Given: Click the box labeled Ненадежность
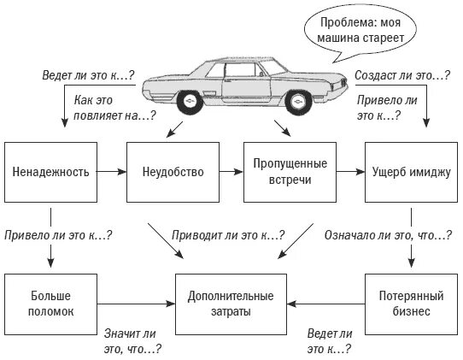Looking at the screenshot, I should tap(50, 172).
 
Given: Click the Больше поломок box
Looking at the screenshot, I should tap(50, 304).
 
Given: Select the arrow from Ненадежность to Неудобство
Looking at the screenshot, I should tap(111, 172).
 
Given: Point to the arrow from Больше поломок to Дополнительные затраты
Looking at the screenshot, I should tap(137, 304).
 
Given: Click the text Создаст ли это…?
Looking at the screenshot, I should tap(402, 76).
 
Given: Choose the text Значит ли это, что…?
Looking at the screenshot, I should tap(133, 341).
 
